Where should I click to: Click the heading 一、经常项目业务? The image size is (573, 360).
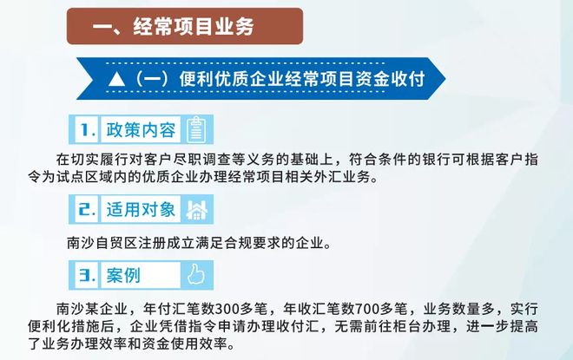click(174, 26)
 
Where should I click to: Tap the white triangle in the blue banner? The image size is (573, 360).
click(117, 79)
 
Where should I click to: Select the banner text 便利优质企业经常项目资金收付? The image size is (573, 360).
click(302, 79)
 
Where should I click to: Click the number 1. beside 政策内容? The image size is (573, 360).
click(88, 130)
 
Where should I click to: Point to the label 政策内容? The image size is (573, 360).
click(141, 130)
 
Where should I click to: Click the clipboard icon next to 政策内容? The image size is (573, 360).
click(196, 129)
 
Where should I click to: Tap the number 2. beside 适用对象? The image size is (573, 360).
click(88, 209)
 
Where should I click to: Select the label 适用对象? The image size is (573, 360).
click(141, 209)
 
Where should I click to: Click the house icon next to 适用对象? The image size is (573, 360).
click(196, 210)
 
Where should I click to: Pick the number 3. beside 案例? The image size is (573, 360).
click(88, 275)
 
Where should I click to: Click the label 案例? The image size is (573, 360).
click(123, 275)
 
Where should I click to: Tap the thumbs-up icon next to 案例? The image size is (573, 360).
click(196, 274)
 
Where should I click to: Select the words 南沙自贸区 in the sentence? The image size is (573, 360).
click(102, 243)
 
